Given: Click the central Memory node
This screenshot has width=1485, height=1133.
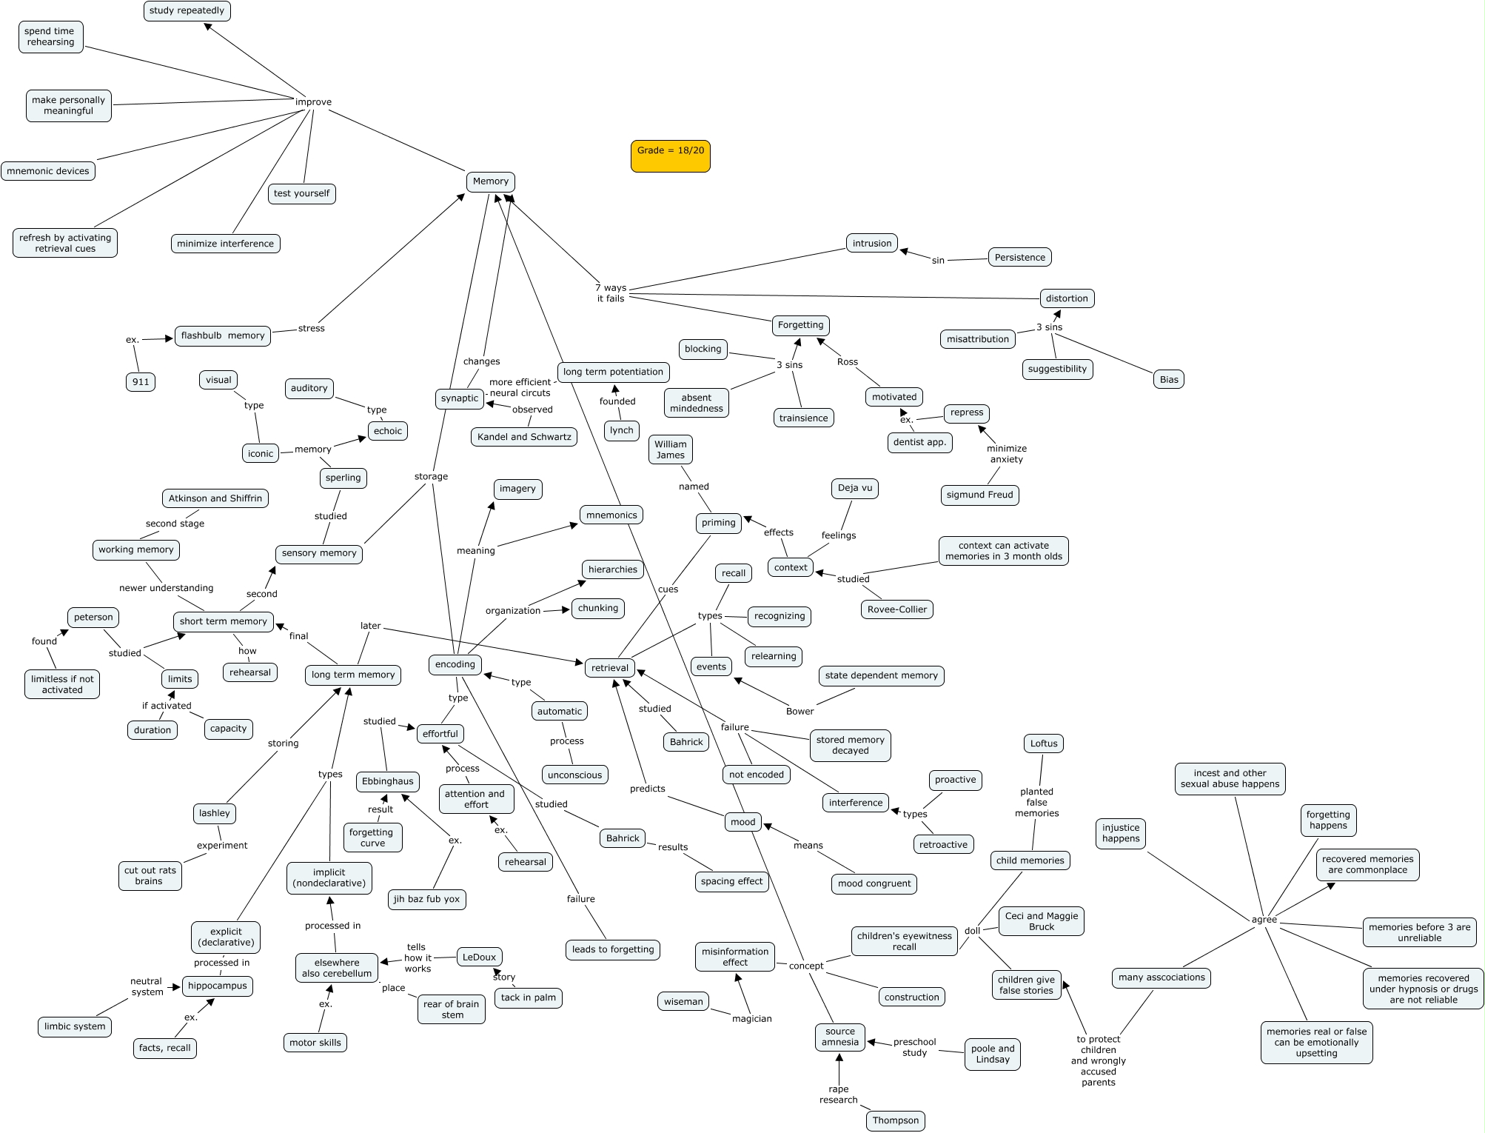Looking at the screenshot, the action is click(490, 181).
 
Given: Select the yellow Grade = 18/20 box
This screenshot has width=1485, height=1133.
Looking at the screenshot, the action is click(670, 156).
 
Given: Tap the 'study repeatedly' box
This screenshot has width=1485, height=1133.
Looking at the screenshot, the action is click(187, 11).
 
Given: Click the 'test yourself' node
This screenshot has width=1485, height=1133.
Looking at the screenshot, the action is click(301, 194).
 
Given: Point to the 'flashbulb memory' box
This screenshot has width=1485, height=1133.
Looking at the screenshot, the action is click(223, 336).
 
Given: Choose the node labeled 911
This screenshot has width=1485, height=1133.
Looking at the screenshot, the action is click(141, 382).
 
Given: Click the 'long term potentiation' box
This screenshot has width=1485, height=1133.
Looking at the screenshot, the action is click(613, 372).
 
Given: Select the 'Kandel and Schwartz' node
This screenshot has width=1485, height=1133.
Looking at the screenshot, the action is click(524, 437).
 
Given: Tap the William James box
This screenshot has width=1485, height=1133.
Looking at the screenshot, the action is click(671, 450).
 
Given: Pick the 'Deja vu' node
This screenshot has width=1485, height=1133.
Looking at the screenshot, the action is click(855, 489).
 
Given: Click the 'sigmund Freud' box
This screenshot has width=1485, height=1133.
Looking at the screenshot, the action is click(979, 495).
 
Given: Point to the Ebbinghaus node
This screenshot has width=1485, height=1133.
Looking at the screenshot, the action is click(388, 782).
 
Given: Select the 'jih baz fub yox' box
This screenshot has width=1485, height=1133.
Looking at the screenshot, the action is click(426, 900).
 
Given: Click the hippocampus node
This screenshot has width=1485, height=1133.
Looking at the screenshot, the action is click(217, 986).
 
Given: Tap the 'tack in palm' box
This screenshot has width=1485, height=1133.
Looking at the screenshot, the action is click(528, 998).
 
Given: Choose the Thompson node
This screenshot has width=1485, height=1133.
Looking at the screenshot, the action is click(895, 1120).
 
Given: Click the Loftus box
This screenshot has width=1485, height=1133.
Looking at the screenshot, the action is click(1044, 744).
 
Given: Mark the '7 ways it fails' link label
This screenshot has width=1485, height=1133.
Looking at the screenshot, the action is click(611, 293).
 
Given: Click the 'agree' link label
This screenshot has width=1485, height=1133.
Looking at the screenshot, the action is click(1264, 920).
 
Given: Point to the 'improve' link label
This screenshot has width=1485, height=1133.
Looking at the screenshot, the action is click(313, 102).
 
